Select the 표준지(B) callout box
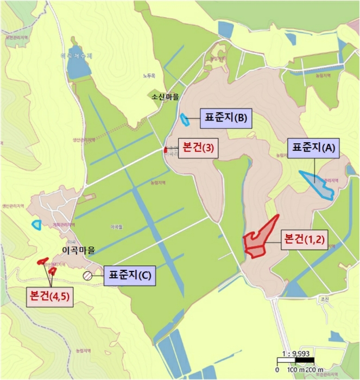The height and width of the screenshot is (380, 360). (224, 117)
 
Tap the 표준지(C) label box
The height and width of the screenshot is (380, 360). (129, 275)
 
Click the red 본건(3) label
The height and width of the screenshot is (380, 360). (198, 148)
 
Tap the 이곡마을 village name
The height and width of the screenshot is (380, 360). (79, 250)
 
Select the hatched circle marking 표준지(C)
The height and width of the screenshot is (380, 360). (87, 275)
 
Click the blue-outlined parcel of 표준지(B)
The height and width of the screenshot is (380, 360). (186, 119)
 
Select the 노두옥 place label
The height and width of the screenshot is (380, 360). (149, 75)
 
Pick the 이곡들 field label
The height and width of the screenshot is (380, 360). (116, 227)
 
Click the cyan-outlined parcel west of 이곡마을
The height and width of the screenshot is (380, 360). (37, 224)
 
